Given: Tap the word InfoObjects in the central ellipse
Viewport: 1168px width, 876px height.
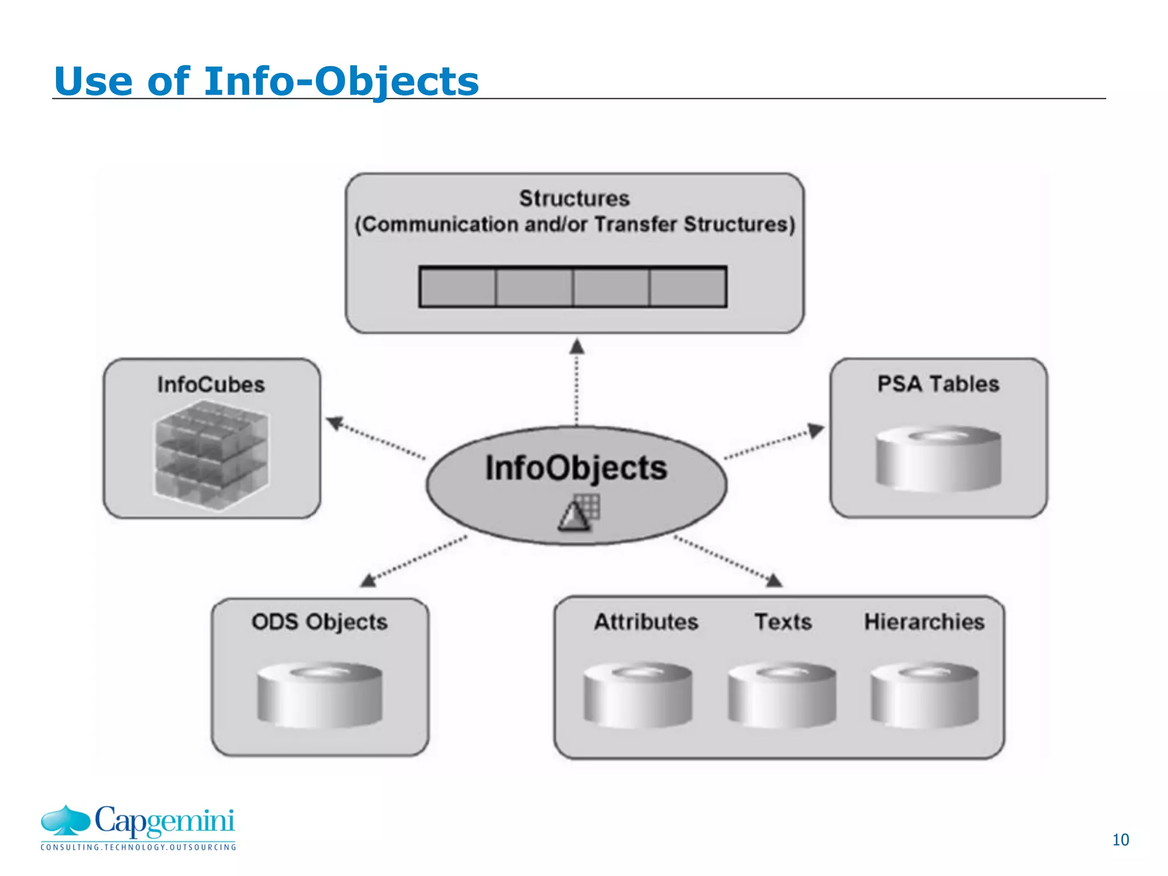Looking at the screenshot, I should tap(576, 468).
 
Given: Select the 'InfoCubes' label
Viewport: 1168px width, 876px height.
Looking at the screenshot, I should tap(211, 384).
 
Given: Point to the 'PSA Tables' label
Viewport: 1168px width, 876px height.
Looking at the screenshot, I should tap(938, 384).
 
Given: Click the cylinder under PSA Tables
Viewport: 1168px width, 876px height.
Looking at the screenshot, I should tap(938, 459).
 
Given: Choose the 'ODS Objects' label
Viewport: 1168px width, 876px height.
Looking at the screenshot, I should tap(319, 622).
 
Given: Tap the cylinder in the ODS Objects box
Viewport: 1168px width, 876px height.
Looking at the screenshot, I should tap(319, 694).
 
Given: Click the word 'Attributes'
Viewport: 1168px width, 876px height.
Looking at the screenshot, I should tap(646, 622).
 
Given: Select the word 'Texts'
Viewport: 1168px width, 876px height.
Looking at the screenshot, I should tap(783, 622).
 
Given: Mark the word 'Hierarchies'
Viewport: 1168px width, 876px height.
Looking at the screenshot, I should tap(924, 622).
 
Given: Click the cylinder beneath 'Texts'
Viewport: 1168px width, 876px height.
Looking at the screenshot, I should tap(782, 694).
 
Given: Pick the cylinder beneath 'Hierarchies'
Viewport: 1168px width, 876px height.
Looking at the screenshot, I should tap(924, 694).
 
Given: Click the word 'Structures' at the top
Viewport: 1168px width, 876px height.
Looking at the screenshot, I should tap(574, 198).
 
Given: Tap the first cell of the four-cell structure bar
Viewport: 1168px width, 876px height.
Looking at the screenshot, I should tap(457, 287).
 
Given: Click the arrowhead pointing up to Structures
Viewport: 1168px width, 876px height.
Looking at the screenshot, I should tap(577, 346).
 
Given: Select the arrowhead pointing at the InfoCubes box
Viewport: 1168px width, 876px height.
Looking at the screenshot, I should tap(334, 423).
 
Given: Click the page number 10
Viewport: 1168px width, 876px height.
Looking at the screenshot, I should tap(1120, 839).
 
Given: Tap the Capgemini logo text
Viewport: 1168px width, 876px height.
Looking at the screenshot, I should tap(164, 821).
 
